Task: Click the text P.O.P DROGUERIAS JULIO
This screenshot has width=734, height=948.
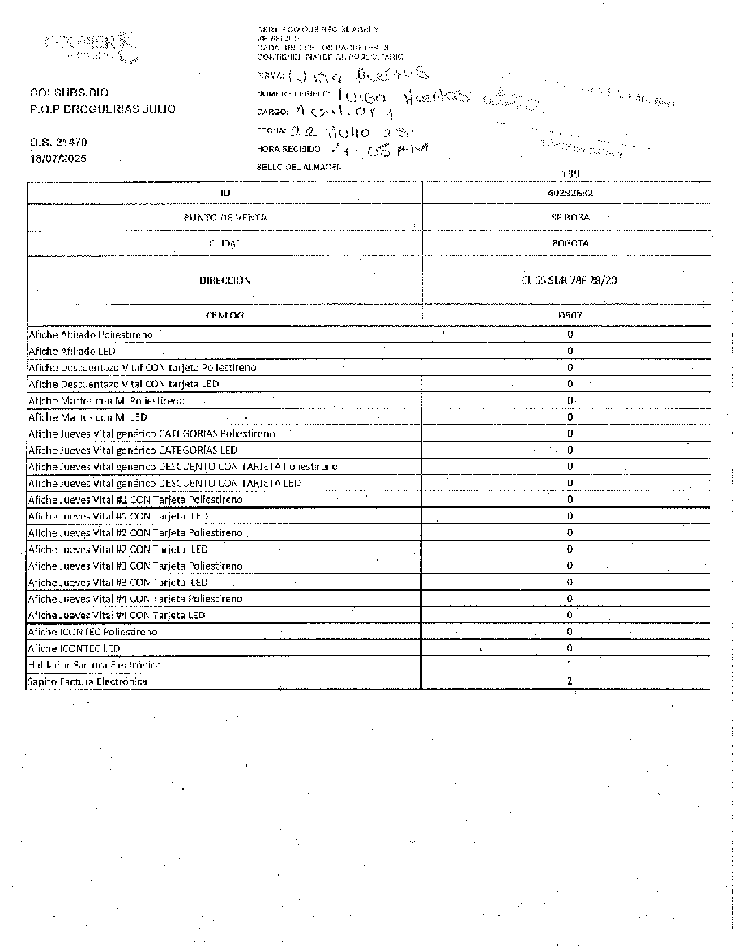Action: (x=101, y=109)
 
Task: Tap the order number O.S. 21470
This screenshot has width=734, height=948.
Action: (x=57, y=143)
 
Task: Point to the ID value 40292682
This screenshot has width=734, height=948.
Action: (x=570, y=193)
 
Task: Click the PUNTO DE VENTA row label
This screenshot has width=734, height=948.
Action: (x=225, y=218)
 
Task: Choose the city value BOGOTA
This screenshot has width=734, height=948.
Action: (x=570, y=243)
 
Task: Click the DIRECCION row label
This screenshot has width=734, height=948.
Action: (x=225, y=280)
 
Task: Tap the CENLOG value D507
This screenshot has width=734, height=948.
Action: (x=570, y=314)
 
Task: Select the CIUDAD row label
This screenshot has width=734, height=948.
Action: (x=225, y=243)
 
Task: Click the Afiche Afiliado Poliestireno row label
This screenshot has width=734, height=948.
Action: (x=91, y=334)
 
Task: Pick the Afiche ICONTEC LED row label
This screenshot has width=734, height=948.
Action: (x=74, y=648)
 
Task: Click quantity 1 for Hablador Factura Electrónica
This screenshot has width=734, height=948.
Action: (x=570, y=664)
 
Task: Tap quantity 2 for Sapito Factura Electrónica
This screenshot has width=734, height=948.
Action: (x=570, y=681)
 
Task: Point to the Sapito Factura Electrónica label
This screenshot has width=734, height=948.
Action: (x=87, y=681)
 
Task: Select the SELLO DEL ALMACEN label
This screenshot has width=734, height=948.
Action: (x=293, y=166)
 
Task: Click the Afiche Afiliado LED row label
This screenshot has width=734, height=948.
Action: (x=72, y=351)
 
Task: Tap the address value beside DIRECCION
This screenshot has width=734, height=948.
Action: (x=570, y=280)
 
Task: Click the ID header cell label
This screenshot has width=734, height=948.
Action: (x=225, y=193)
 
